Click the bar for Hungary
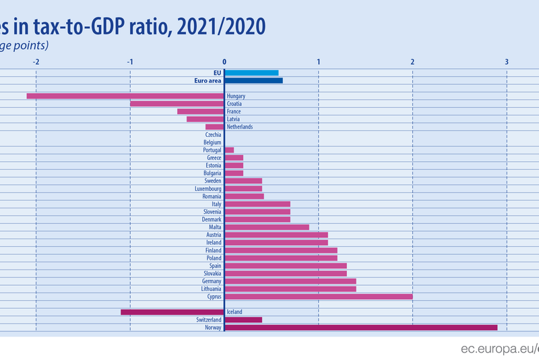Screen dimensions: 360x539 [x=125, y=96]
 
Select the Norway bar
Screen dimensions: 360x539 [x=360, y=327]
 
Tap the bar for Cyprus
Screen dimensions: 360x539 [x=318, y=296]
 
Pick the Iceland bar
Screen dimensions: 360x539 [x=172, y=311]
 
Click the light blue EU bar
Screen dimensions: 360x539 [x=251, y=72]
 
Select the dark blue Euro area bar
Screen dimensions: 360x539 [x=253, y=80]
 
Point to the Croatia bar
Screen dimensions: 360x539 [x=177, y=104]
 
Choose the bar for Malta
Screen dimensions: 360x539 [x=267, y=227]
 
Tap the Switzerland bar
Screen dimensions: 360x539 [x=243, y=320]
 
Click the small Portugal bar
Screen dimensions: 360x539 [x=229, y=150]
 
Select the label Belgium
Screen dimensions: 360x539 [x=212, y=142]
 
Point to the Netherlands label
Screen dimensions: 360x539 [x=240, y=127]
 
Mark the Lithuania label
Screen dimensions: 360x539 [x=210, y=289]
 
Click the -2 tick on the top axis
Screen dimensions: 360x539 [x=36, y=61]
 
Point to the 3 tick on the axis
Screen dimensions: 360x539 [x=507, y=61]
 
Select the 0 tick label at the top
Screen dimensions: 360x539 [x=224, y=61]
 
